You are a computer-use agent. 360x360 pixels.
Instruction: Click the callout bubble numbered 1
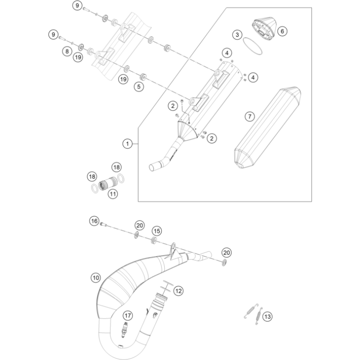point(127,143)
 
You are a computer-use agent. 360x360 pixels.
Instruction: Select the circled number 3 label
point(236,35)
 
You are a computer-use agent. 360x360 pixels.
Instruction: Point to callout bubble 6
point(283,31)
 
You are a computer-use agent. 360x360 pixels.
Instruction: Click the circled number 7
point(250,116)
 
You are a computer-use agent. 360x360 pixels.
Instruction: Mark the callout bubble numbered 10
point(95,278)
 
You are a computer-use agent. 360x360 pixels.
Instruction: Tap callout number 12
point(179,291)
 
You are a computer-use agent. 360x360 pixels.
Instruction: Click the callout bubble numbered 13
point(267,316)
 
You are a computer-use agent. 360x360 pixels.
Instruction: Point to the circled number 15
point(157,231)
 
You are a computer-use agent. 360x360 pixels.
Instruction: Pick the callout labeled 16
point(94,221)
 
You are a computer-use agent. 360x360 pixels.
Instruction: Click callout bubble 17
point(127,315)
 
